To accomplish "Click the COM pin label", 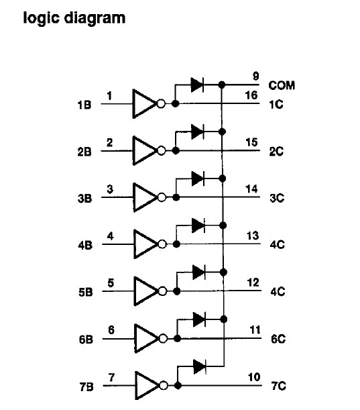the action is point(282,85).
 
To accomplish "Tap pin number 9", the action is point(256,76).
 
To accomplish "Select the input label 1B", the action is point(84,105).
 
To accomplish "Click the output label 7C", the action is point(278,386).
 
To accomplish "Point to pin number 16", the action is point(251,95).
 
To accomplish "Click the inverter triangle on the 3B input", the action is point(145,197).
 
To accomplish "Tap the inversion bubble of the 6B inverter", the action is point(163,339).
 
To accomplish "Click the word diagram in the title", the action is point(95,17).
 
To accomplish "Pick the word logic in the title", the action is point(41,17).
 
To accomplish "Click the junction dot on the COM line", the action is point(222,85).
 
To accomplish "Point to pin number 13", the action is point(253,236).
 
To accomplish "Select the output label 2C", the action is point(276,152).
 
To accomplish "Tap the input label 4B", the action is point(85,246).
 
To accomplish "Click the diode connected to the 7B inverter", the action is point(200,366).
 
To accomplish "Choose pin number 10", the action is point(254,377).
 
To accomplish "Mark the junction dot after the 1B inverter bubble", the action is point(175,104).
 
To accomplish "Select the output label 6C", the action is point(278,339).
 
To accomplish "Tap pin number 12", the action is point(253,283).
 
